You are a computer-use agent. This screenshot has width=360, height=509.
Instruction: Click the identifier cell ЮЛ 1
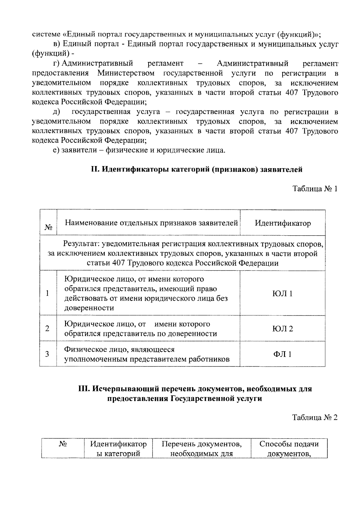(x=282, y=293)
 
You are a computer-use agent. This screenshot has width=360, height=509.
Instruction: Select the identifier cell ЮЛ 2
(x=282, y=329)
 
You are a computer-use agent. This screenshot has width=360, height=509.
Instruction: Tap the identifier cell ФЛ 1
(x=282, y=354)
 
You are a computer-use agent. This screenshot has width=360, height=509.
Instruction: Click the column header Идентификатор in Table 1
(x=283, y=223)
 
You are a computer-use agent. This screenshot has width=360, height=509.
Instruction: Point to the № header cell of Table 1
(x=48, y=227)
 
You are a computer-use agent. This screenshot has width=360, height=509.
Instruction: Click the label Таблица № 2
(x=315, y=418)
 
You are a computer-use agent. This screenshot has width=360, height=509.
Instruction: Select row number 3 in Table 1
(x=47, y=354)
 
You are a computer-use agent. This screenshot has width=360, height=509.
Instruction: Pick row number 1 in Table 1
(x=47, y=293)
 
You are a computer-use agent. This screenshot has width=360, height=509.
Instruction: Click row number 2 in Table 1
(x=47, y=329)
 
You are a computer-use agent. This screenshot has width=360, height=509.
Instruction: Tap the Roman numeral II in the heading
(x=95, y=170)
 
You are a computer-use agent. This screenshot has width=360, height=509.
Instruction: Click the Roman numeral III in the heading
(x=83, y=389)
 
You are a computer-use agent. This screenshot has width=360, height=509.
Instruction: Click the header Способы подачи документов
(x=289, y=448)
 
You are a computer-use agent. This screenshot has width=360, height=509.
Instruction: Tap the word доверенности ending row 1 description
(x=89, y=308)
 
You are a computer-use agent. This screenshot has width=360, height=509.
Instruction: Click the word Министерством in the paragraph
(x=126, y=73)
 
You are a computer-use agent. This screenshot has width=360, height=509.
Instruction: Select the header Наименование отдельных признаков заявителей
(x=151, y=223)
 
